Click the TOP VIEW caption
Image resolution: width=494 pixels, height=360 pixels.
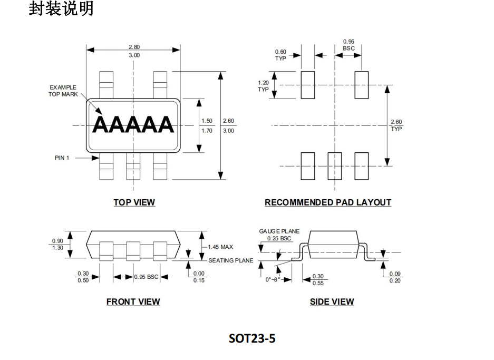[134, 202]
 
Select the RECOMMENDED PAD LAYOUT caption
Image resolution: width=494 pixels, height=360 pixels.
[327, 202]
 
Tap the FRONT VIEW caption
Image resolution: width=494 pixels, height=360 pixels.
[133, 301]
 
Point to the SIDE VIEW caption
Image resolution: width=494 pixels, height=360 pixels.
[332, 301]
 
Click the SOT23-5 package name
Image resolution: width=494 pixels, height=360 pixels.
[252, 338]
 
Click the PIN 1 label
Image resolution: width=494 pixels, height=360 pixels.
[62, 158]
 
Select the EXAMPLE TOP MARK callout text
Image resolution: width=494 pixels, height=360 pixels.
[63, 91]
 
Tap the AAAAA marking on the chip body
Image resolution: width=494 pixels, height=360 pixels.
[133, 125]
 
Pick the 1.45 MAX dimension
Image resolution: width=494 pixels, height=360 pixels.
[220, 247]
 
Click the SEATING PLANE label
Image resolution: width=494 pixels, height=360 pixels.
[231, 260]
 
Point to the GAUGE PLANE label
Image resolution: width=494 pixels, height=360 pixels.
[279, 231]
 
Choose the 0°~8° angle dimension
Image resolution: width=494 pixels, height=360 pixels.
[273, 279]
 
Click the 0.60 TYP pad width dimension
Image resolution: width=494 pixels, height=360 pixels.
[280, 55]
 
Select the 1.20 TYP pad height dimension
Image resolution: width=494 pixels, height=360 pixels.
[263, 86]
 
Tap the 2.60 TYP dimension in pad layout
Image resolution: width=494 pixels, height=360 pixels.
[396, 125]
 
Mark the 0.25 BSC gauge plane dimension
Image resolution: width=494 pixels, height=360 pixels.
[279, 238]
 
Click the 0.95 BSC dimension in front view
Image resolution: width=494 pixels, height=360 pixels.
[146, 277]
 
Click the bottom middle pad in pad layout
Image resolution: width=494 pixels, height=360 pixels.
[335, 166]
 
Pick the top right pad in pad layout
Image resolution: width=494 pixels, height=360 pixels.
[361, 85]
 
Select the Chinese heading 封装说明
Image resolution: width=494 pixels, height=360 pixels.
[61, 8]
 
